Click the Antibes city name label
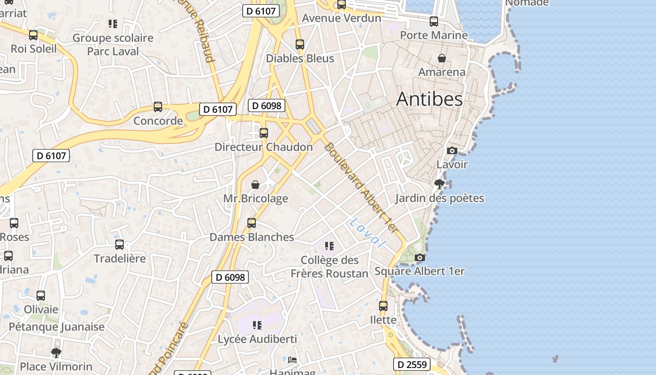[429, 99]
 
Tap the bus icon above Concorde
[158, 107]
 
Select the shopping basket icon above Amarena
[441, 58]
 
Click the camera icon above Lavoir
[452, 150]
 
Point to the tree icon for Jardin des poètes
[439, 184]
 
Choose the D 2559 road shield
[411, 364]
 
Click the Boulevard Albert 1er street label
[360, 188]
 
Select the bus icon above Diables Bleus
[300, 45]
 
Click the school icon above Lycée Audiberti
[257, 325]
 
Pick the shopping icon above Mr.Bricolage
[255, 185]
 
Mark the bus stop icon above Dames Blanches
[252, 223]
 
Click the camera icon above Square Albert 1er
[420, 257]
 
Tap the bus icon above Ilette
[383, 306]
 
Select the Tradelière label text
[119, 258]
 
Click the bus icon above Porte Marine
[434, 21]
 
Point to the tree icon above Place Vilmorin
[56, 352]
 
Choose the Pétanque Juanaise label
[57, 327]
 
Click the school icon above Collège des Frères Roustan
[329, 246]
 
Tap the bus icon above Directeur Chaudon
[264, 133]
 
